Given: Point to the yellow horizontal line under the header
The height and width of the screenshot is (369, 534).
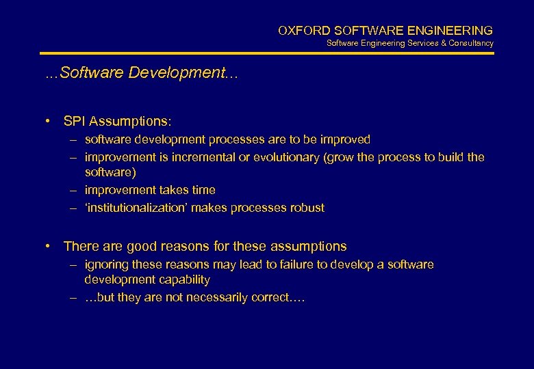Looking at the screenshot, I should point(267,53).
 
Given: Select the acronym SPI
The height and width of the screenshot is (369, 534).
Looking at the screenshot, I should point(73,122).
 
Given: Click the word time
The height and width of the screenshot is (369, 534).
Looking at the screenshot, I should point(203,190).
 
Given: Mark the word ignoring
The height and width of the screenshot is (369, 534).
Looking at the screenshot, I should point(106,264).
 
